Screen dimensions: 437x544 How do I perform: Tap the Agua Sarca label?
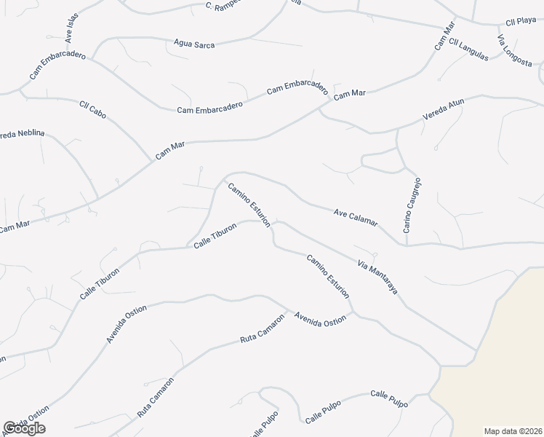tap(194, 44)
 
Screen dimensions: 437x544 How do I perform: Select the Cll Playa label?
tap(521, 20)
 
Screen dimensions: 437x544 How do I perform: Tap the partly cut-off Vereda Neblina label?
tap(22, 134)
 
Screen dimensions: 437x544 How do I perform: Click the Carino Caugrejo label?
tap(412, 205)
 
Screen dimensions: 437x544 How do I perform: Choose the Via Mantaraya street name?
tap(377, 276)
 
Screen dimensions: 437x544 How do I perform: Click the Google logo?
tap(24, 428)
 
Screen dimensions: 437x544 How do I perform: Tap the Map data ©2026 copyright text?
tap(513, 430)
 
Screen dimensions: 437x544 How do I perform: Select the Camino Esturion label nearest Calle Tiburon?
tap(249, 205)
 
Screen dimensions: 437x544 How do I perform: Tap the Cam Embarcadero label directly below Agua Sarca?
tap(209, 106)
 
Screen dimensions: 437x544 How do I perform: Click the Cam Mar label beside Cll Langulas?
tap(444, 36)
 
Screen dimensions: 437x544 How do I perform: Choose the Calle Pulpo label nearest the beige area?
tap(389, 398)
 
